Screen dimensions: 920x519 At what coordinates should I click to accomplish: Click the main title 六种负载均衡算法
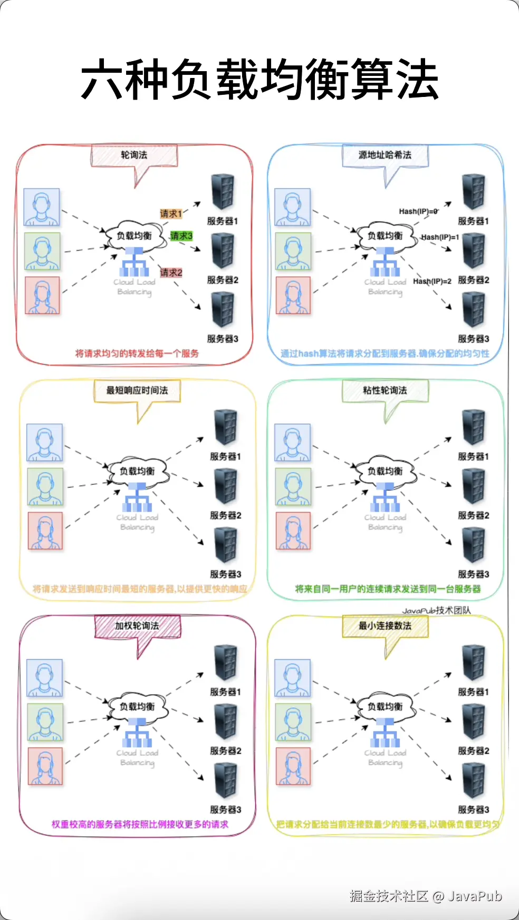click(x=259, y=80)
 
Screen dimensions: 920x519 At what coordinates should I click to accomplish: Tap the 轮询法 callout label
click(x=134, y=155)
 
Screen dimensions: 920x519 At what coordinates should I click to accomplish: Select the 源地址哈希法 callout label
click(x=385, y=155)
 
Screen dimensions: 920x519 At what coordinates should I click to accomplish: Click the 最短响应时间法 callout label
click(x=137, y=390)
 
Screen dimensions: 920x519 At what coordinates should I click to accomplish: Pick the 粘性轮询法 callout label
click(x=385, y=390)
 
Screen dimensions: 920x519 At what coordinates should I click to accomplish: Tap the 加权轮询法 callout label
click(x=137, y=626)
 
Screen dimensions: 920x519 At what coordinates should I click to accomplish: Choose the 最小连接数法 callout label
click(x=385, y=626)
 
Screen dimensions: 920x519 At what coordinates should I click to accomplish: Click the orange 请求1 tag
click(x=170, y=213)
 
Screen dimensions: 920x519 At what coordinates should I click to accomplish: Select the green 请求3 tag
click(x=181, y=236)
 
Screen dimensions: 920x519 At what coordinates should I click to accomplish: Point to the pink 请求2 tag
click(x=171, y=272)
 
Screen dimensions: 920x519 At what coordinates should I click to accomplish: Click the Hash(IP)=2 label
click(x=432, y=281)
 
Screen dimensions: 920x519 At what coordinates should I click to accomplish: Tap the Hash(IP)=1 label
click(x=440, y=237)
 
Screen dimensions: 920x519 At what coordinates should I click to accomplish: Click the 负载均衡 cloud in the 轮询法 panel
click(x=134, y=236)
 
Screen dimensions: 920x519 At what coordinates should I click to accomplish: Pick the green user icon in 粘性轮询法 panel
click(x=293, y=486)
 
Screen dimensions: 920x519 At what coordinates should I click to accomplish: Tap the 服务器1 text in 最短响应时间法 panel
click(x=225, y=456)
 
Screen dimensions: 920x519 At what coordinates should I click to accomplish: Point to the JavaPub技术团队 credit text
click(x=436, y=610)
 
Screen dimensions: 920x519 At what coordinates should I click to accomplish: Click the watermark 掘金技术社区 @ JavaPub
click(x=425, y=896)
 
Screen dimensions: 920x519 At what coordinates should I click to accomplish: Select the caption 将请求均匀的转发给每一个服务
click(x=137, y=353)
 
